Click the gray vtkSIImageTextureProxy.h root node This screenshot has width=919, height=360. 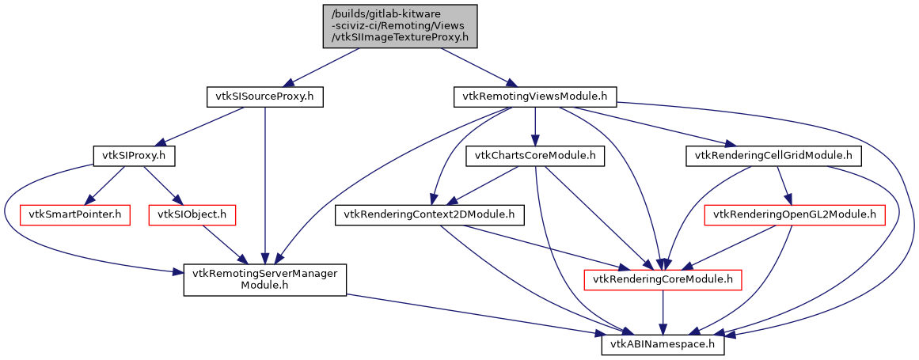click(401, 26)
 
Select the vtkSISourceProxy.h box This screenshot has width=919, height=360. click(265, 97)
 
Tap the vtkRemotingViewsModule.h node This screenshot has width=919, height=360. click(536, 97)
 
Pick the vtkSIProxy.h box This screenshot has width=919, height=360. click(134, 156)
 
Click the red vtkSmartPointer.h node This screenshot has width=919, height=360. click(78, 214)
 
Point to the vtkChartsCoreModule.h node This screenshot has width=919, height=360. click(535, 156)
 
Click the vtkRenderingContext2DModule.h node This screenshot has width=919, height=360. click(429, 214)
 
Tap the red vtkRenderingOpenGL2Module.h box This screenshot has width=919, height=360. click(795, 214)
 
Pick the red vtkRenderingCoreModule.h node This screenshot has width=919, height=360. click(662, 279)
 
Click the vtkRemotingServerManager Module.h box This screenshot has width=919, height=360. click(265, 279)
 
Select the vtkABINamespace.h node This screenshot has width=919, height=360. click(663, 344)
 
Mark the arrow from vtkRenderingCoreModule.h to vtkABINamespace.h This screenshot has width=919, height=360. click(663, 312)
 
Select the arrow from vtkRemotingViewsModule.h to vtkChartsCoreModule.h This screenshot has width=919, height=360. click(536, 127)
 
